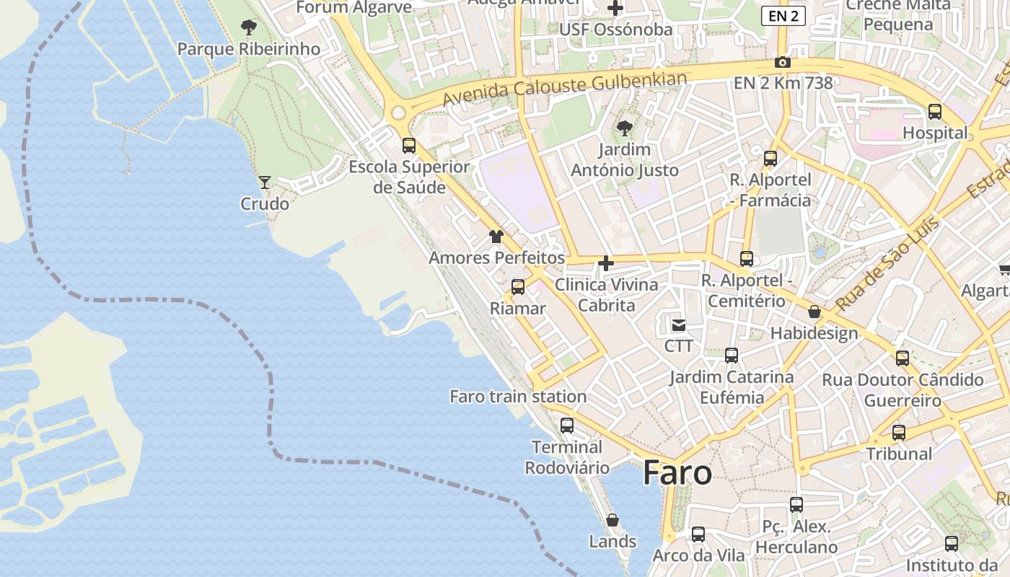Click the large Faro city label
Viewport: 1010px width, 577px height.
pos(677,473)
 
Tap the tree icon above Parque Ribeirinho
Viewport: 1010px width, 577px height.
pos(248,28)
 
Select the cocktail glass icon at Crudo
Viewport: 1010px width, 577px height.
pos(265,182)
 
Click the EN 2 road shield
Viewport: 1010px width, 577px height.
pos(783,16)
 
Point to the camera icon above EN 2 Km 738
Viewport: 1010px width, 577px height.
pos(783,63)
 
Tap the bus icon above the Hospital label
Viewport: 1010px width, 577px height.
pos(935,112)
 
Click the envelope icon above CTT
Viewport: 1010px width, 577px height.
pos(679,325)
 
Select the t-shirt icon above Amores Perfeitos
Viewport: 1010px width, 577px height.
pos(496,237)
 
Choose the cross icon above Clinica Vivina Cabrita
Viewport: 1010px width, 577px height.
pos(606,263)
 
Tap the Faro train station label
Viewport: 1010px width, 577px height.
pos(518,397)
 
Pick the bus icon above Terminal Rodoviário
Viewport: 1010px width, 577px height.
pos(567,426)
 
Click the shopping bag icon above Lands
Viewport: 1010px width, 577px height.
pos(612,520)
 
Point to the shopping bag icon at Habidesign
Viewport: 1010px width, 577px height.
pos(814,312)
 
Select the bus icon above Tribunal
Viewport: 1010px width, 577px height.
pos(899,433)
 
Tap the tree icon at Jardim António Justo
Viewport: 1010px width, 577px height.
pos(625,129)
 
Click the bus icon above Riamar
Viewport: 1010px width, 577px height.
pos(518,287)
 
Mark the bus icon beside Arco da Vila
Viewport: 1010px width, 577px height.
pos(698,534)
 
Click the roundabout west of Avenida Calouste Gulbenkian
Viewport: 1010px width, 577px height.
pos(398,113)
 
